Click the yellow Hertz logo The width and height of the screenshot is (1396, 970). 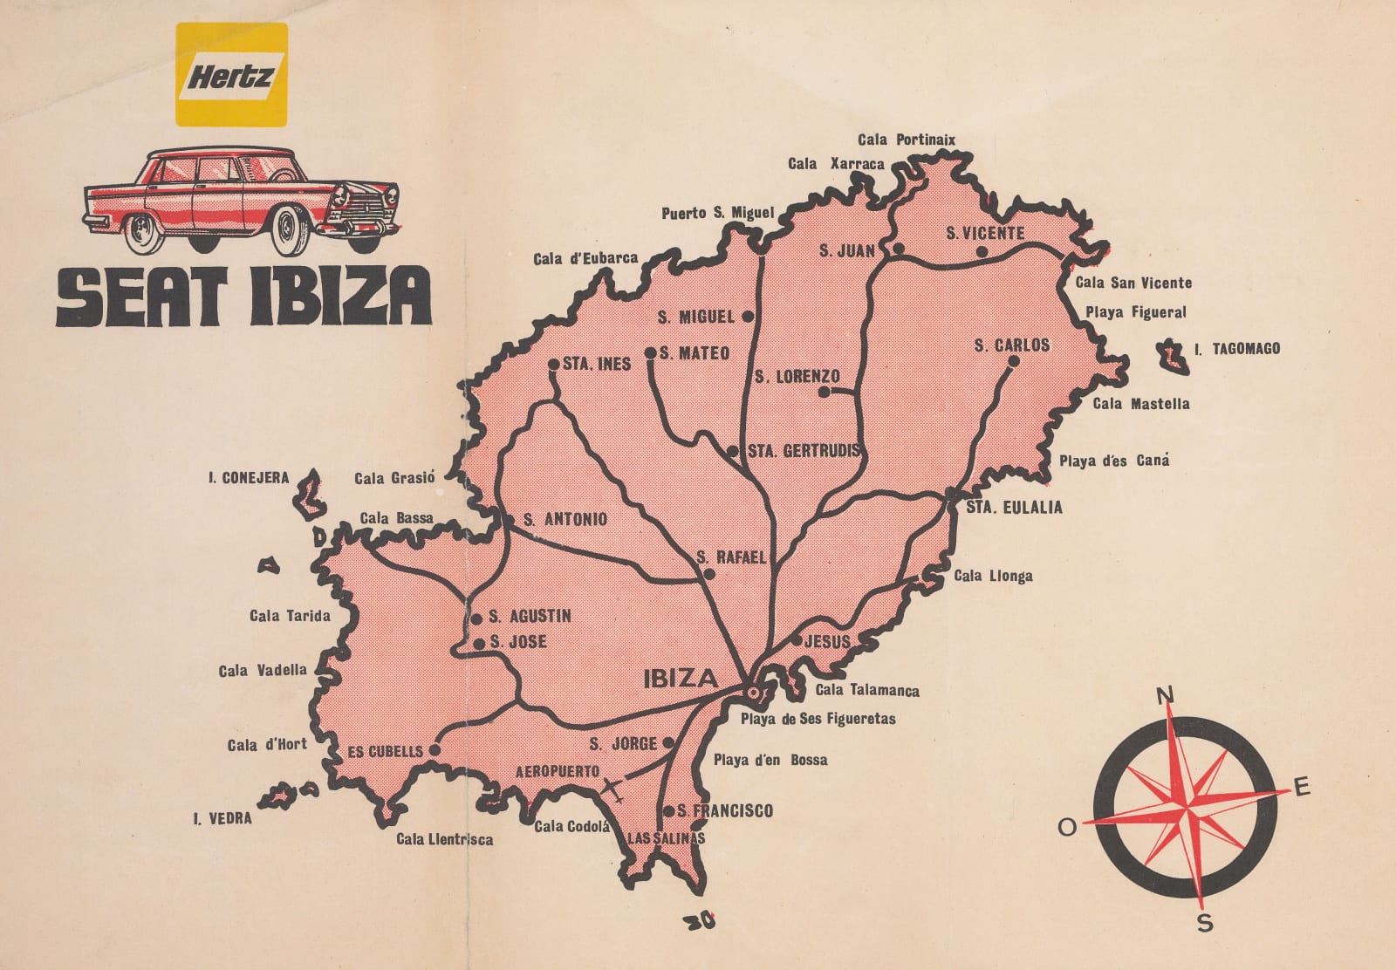[231, 74]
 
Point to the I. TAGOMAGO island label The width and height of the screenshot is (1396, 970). [1236, 349]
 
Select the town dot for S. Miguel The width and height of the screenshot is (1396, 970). [748, 317]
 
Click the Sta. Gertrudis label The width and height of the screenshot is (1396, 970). [804, 452]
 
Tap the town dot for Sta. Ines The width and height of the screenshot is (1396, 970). [553, 364]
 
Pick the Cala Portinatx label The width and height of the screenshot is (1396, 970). [907, 140]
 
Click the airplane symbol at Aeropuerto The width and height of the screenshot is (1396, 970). [615, 788]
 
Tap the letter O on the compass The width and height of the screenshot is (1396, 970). [1067, 828]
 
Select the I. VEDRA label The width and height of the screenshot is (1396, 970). [222, 818]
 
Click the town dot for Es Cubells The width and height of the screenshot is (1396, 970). [435, 749]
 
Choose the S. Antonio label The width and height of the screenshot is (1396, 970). [564, 520]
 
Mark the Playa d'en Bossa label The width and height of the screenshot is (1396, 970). [770, 760]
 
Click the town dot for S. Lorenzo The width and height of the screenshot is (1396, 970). [823, 393]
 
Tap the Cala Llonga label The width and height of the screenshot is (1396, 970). [993, 576]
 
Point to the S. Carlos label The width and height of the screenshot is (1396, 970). [1011, 345]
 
